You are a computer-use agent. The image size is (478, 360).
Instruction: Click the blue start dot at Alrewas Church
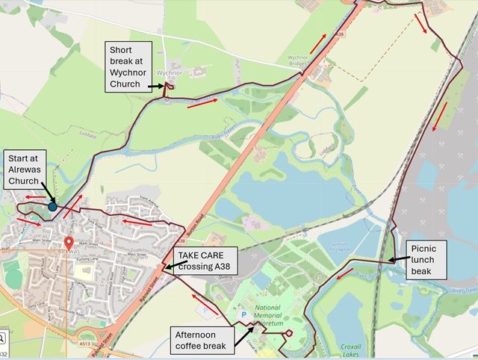[x=52, y=205]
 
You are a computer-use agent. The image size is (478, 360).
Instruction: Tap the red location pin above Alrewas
[x=69, y=243]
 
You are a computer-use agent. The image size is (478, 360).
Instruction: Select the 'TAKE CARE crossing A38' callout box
[x=205, y=261]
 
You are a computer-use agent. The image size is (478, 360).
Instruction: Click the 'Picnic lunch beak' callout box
[x=427, y=259]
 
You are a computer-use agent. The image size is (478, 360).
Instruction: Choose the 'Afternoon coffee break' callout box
[x=202, y=340]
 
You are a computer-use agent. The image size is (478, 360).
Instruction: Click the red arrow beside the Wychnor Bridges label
[x=318, y=43]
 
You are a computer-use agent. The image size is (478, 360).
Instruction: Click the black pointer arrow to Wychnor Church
[x=157, y=87]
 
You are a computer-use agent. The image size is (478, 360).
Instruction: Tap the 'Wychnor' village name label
[x=170, y=73]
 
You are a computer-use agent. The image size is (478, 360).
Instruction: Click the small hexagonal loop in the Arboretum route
[x=288, y=332]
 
